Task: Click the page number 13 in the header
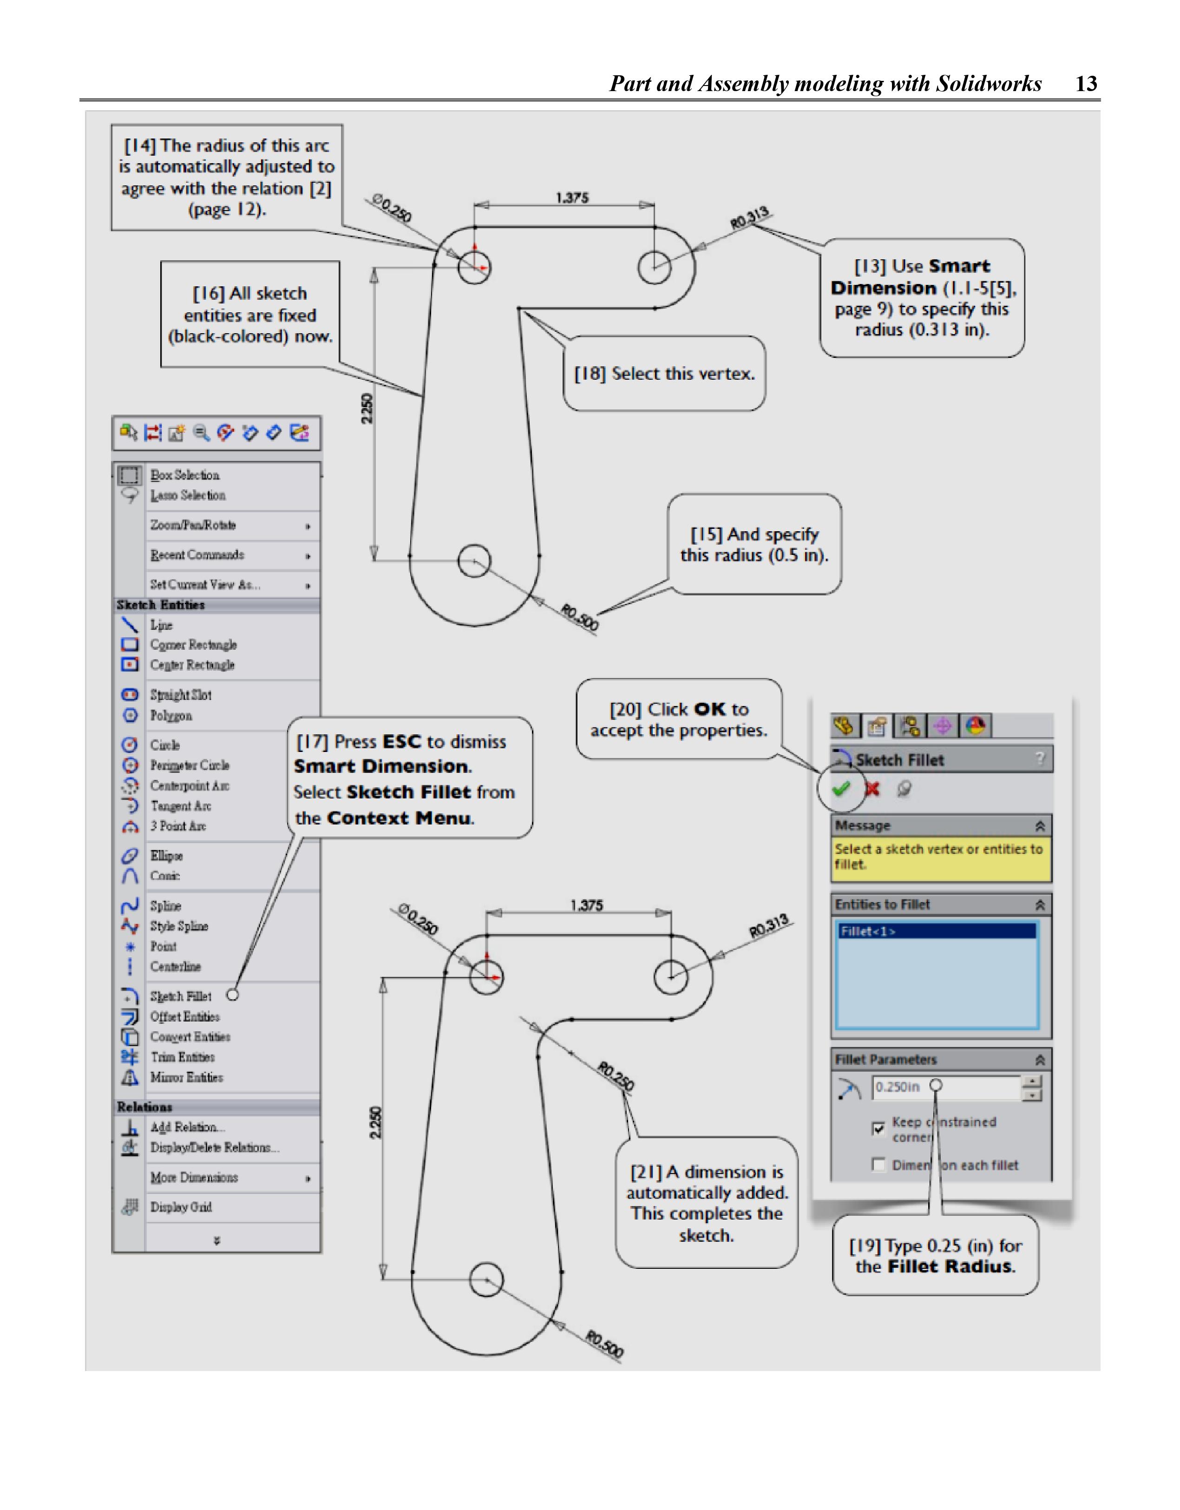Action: (x=1086, y=84)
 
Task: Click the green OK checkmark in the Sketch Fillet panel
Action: (x=840, y=788)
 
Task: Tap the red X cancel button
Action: (x=872, y=788)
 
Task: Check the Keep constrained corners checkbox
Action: (x=878, y=1128)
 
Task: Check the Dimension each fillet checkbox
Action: (x=878, y=1165)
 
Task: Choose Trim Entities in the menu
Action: (x=183, y=1057)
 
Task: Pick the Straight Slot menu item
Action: (x=180, y=695)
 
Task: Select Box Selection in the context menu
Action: (x=184, y=475)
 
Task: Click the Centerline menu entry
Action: (x=176, y=967)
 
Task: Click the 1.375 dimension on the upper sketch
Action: (x=572, y=198)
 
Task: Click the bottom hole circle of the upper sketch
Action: (x=474, y=560)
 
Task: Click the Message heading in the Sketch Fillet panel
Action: (x=863, y=825)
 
